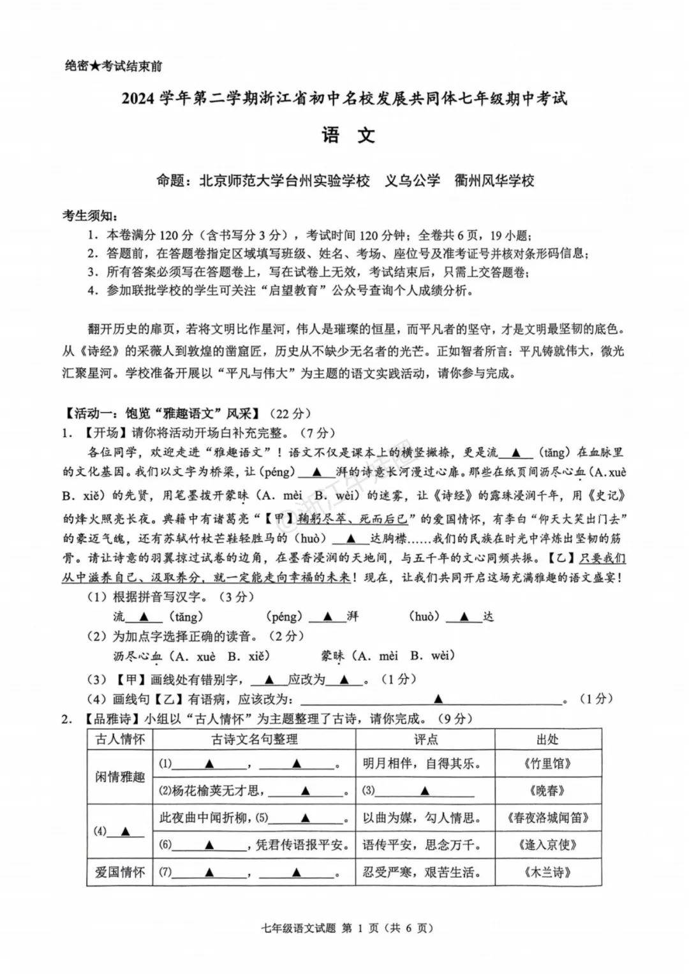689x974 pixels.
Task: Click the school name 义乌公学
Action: coord(412,181)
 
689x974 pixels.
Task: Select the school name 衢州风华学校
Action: coord(494,181)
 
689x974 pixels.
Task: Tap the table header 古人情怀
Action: coord(120,739)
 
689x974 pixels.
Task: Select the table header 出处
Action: coord(547,739)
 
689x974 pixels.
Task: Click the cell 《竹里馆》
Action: coord(547,764)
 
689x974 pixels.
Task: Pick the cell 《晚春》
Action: coord(547,791)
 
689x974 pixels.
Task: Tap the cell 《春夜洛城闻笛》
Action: coord(547,818)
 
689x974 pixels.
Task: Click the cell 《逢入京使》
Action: coord(547,845)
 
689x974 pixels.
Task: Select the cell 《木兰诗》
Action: coord(547,872)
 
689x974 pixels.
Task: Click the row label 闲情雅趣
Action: coord(120,777)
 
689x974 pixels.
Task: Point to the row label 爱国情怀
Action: coord(120,872)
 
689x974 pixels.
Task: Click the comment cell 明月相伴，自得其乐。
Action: coord(421,764)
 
